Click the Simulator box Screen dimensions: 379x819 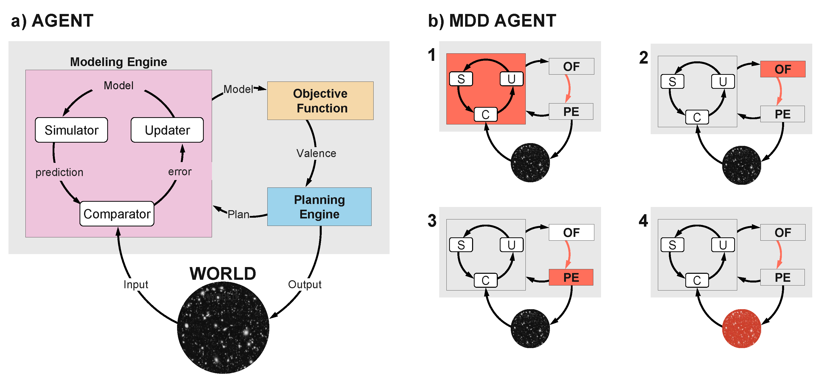(72, 130)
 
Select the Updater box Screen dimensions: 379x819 (167, 130)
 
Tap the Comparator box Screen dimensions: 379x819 (117, 214)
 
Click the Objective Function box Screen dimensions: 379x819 (320, 101)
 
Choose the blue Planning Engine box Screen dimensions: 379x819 (319, 207)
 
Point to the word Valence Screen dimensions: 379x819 (316, 153)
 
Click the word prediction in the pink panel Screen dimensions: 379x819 (59, 172)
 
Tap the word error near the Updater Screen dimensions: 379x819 (180, 172)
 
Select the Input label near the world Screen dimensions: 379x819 (136, 284)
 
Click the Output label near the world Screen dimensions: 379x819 (305, 284)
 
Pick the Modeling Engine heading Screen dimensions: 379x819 (119, 62)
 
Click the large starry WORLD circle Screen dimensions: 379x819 (223, 327)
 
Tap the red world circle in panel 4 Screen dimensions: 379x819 (741, 328)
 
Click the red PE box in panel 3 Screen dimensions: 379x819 (571, 277)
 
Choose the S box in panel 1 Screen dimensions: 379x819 (461, 79)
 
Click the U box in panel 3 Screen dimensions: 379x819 (512, 245)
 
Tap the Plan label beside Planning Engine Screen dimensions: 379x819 (238, 214)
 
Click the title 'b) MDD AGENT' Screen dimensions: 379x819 (492, 21)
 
